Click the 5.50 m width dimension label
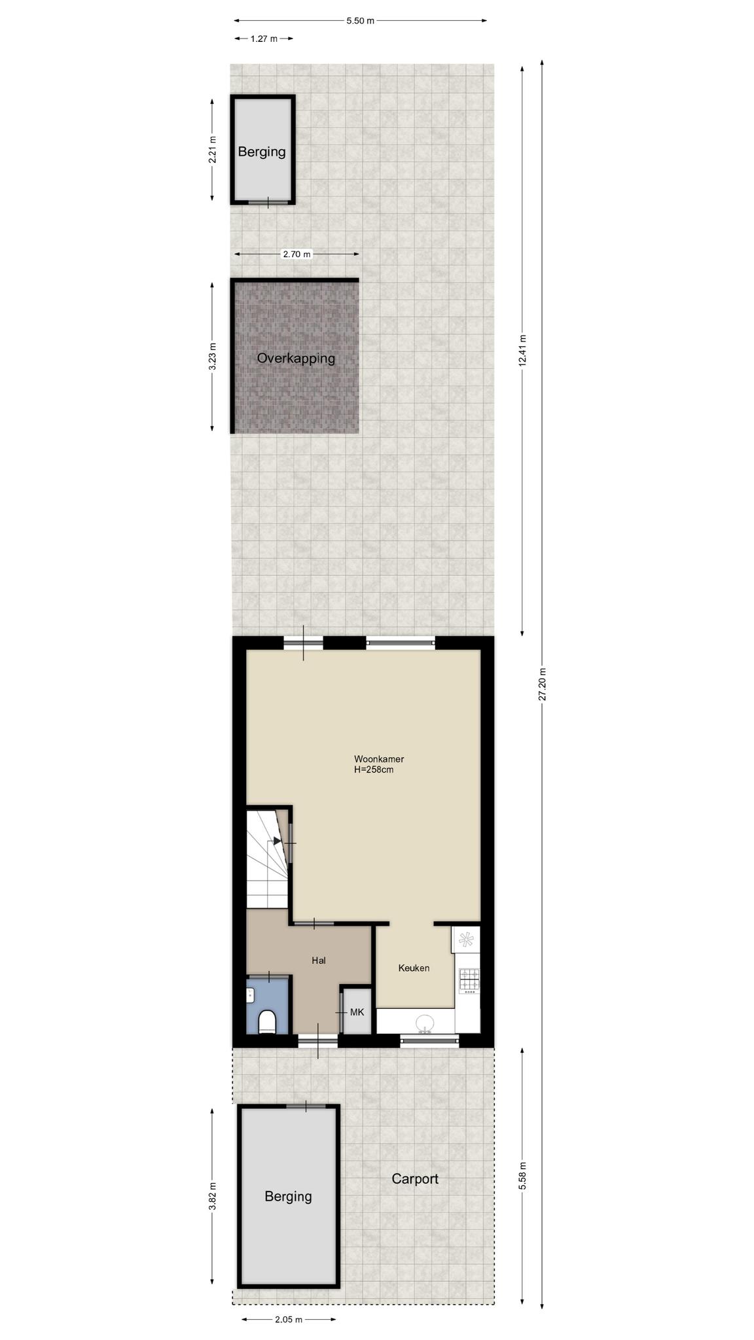coord(360,20)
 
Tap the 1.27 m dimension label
coord(264,39)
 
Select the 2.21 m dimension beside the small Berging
coord(212,150)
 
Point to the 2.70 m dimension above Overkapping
coord(296,254)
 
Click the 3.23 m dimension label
coord(212,357)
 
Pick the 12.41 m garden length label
coord(522,351)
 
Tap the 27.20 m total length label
coord(542,684)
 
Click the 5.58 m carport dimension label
coord(522,1176)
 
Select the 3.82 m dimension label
coord(212,1197)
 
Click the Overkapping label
coord(296,359)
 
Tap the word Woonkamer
coord(379,759)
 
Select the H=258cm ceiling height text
coord(374,769)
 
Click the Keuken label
coord(414,968)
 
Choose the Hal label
coord(319,961)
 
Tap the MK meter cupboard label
coord(357,1012)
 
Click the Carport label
coord(415,1179)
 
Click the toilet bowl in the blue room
coord(267,1021)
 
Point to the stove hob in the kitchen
coord(469,979)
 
